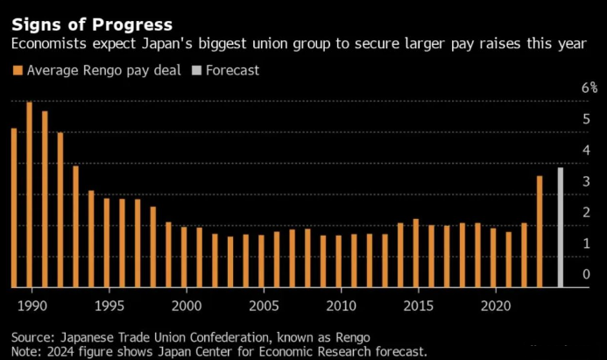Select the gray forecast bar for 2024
coord(560,227)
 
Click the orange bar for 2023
coord(540,231)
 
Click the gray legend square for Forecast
coord(197,70)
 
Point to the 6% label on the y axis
coord(589,88)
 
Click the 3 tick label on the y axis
coord(587,181)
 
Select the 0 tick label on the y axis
coord(587,274)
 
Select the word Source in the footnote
coord(32,337)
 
